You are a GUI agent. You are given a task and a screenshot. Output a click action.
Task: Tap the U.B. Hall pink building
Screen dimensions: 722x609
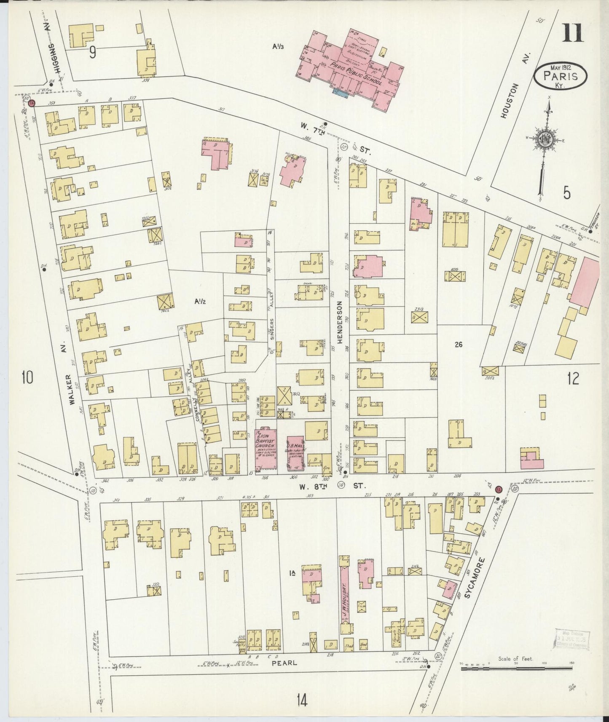[296, 452]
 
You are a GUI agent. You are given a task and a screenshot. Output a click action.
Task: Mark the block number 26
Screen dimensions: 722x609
[459, 344]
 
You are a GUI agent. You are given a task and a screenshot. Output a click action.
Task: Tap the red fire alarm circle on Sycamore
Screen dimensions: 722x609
[498, 489]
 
